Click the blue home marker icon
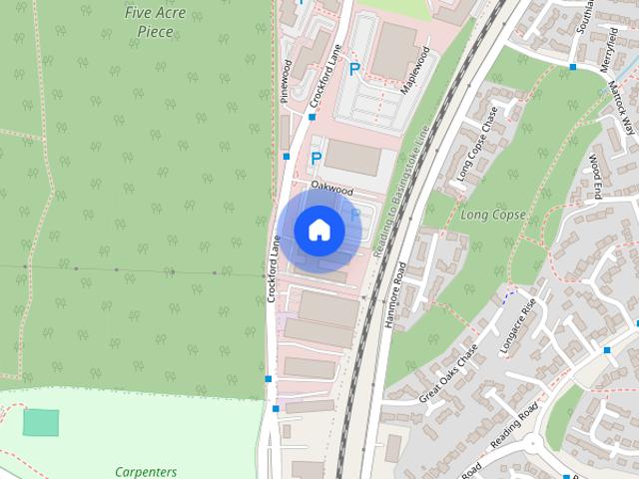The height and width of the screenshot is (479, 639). click(319, 231)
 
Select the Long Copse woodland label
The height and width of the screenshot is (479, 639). click(492, 215)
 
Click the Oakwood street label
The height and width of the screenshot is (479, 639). click(332, 187)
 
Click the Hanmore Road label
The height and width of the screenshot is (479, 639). click(395, 294)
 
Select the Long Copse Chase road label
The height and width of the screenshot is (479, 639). click(475, 155)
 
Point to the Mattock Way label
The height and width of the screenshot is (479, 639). click(622, 110)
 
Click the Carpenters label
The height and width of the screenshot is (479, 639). click(146, 472)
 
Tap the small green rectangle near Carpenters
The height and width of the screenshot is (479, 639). click(41, 423)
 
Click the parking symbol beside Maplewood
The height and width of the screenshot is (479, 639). click(354, 69)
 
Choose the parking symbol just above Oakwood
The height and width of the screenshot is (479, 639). click(317, 158)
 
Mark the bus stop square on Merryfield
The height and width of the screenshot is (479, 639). click(573, 67)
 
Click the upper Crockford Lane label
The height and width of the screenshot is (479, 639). click(326, 77)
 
